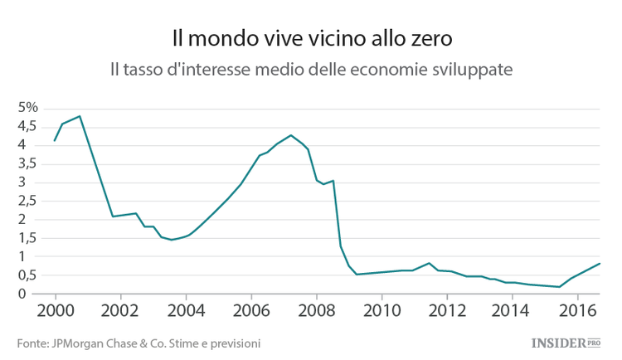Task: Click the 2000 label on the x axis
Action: click(x=56, y=311)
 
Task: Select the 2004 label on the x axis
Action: click(x=186, y=311)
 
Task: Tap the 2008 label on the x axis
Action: click(x=316, y=311)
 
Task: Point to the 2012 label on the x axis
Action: click(x=446, y=311)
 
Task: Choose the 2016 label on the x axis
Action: click(x=576, y=311)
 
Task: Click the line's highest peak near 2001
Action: click(x=80, y=116)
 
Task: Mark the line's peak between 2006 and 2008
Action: click(x=290, y=135)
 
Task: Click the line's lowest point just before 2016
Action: click(x=560, y=287)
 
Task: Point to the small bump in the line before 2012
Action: click(x=429, y=263)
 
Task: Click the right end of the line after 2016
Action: click(x=600, y=264)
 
